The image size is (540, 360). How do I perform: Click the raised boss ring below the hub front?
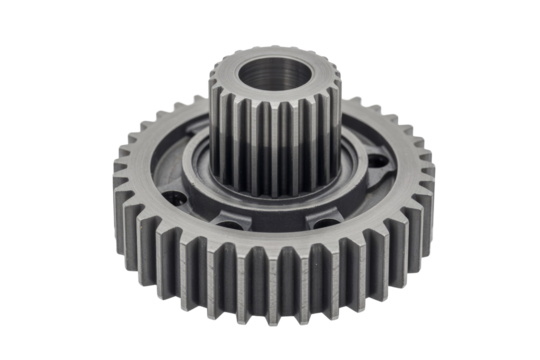(x=275, y=206)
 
